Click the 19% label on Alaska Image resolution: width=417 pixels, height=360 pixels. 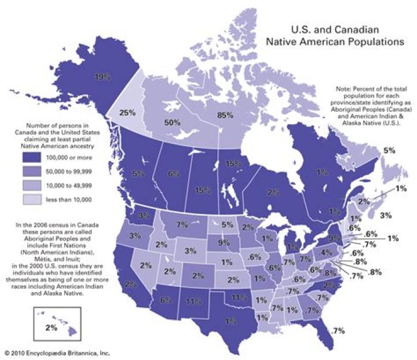tap(103, 76)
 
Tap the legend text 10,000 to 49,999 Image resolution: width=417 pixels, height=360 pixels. tap(72, 185)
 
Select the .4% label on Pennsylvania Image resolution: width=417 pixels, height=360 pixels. tap(327, 253)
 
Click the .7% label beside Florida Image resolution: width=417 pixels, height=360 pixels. tap(338, 330)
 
